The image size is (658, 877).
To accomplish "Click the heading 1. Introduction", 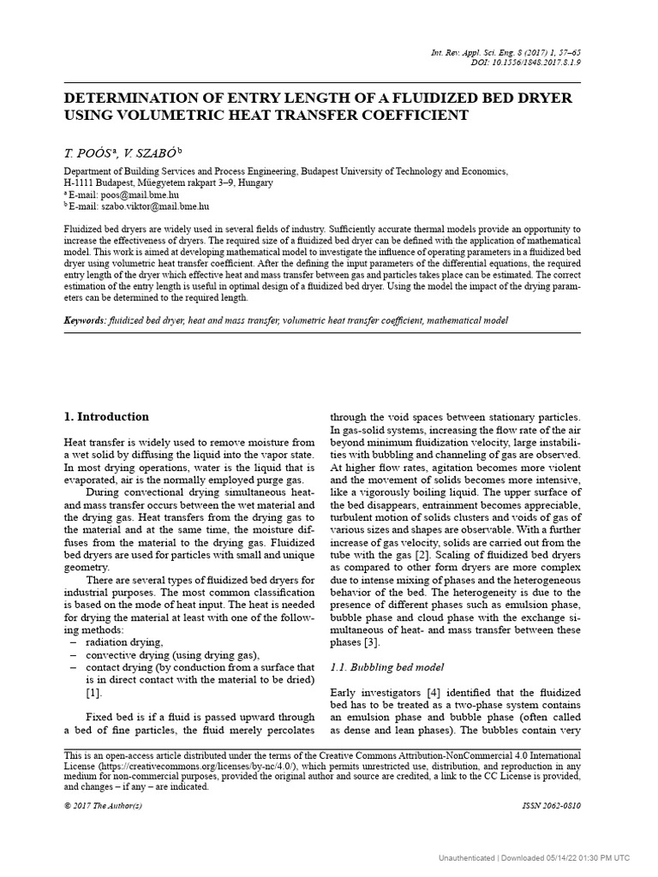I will point(107,417).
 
